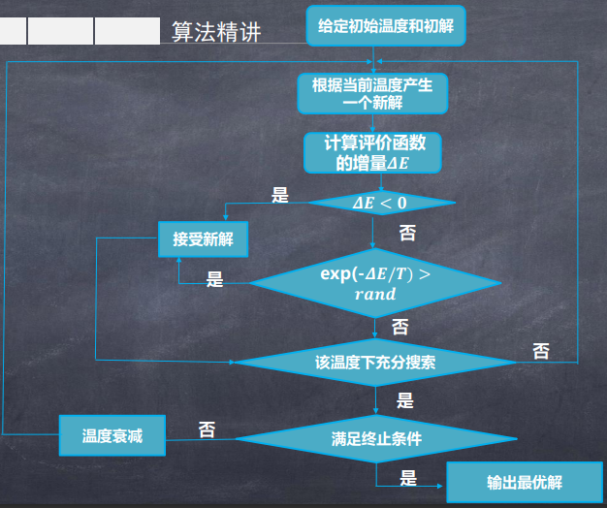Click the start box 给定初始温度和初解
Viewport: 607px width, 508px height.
click(386, 25)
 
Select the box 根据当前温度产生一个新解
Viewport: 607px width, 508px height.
click(372, 93)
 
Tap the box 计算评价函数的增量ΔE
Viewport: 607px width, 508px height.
click(372, 153)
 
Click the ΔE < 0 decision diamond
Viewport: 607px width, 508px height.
click(380, 203)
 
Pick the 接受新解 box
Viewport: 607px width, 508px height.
click(203, 239)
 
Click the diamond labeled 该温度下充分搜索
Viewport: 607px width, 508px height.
click(374, 363)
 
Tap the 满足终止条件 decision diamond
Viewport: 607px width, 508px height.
click(376, 438)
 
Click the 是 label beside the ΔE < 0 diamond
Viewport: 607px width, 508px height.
click(280, 196)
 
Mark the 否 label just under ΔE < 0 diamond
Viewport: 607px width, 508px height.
click(408, 233)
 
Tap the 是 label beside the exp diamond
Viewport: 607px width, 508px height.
click(215, 280)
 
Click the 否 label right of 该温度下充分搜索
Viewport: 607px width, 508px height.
click(541, 350)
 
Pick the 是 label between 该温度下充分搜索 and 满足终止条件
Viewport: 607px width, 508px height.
click(405, 400)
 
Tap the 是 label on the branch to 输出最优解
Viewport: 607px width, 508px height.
click(408, 477)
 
